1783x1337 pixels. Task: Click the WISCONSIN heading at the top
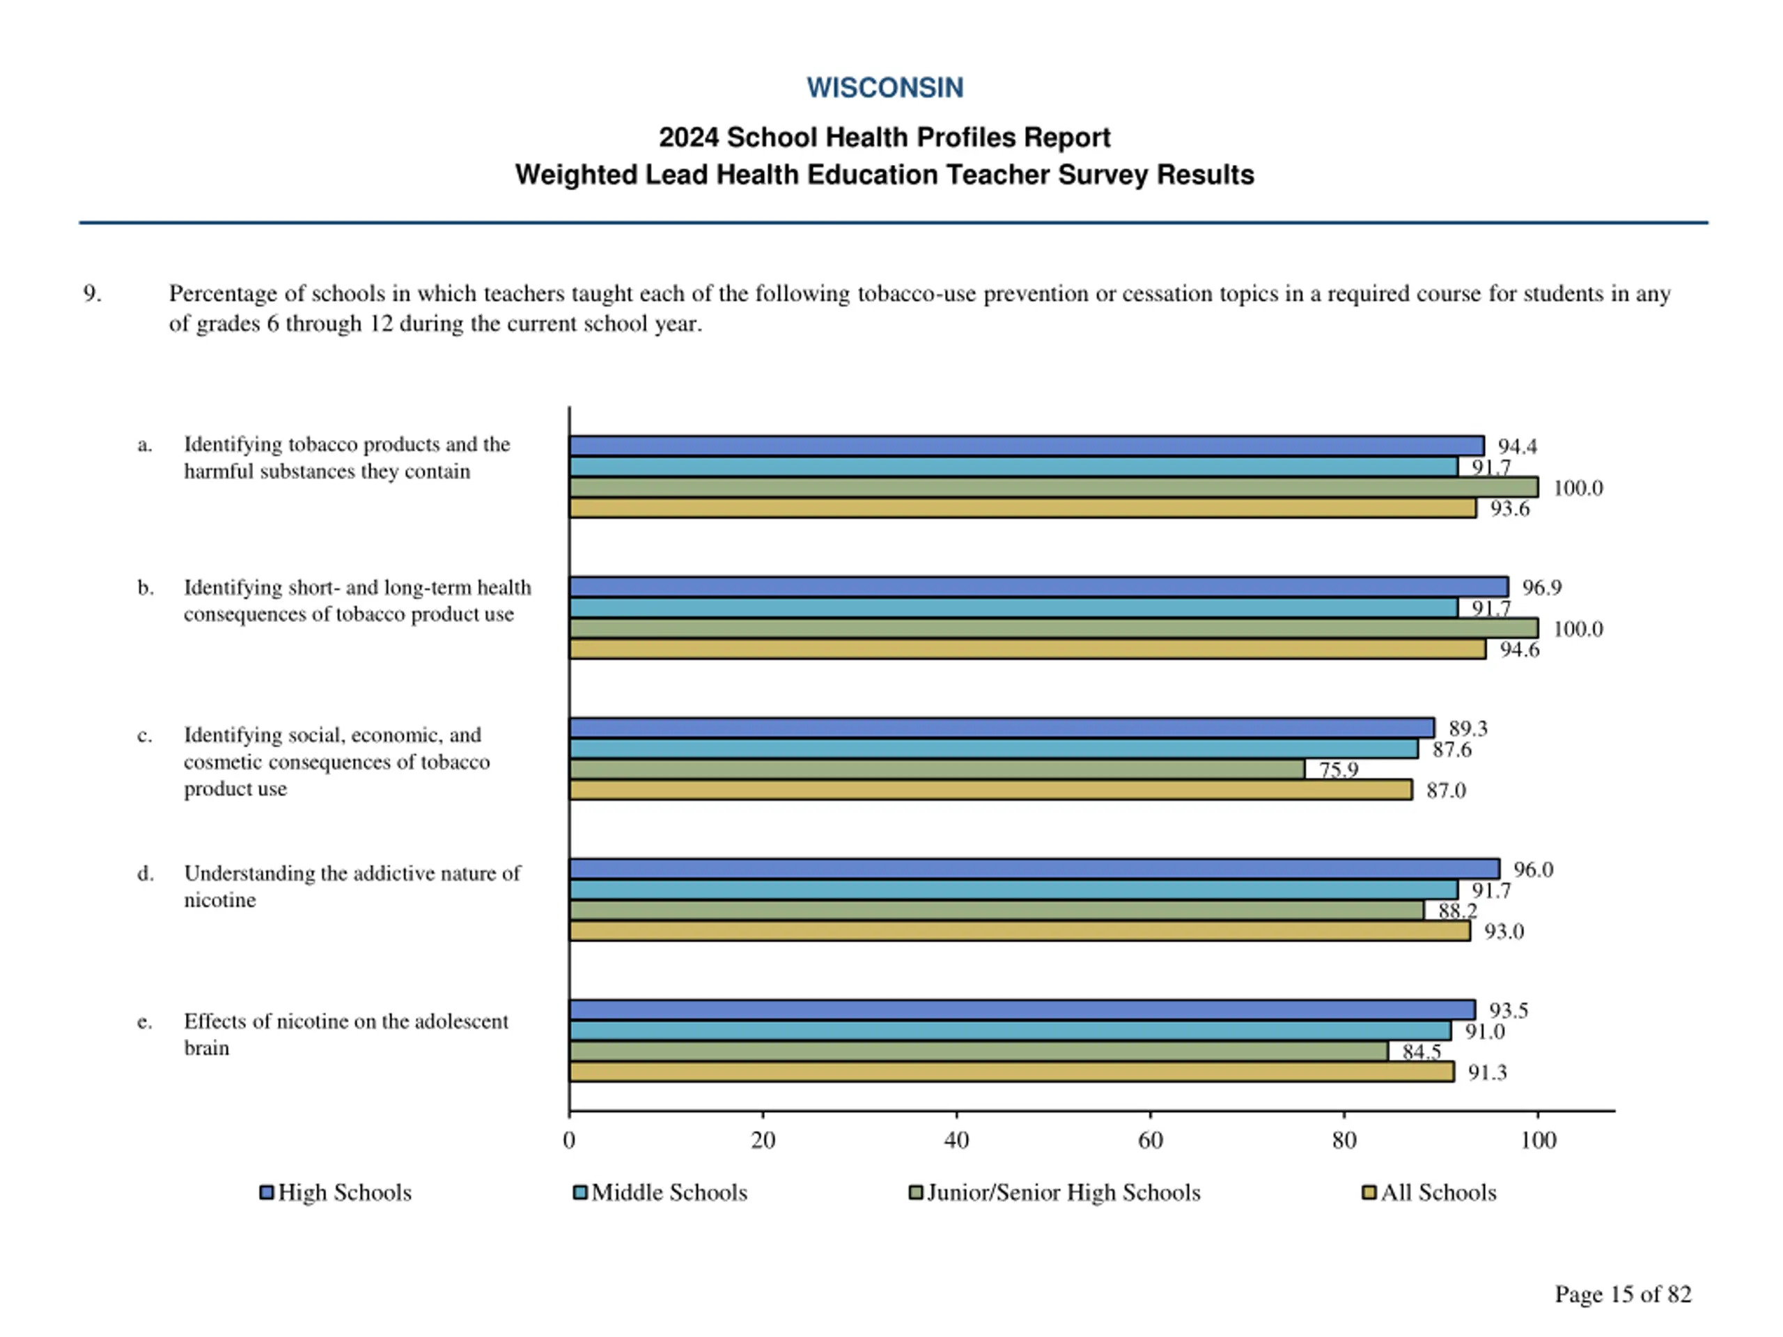885,87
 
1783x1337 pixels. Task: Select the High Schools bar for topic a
1025,446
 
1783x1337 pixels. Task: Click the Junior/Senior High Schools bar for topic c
936,769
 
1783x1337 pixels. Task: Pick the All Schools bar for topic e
1011,1072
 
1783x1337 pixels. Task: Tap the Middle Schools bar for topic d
1013,890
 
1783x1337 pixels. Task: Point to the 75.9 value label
1338,769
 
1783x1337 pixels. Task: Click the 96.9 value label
1541,588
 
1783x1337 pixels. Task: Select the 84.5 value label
1421,1051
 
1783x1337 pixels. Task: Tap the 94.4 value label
1517,446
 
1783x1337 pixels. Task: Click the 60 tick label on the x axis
1151,1141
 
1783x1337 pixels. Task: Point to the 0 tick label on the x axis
569,1141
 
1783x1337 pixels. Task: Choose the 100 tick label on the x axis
1538,1141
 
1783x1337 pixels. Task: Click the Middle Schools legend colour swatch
579,1193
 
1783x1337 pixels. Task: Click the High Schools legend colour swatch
267,1193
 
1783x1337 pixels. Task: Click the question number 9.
92,293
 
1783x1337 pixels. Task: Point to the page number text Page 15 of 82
1623,1295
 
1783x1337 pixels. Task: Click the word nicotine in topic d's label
220,900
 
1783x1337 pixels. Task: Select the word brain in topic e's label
206,1049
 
